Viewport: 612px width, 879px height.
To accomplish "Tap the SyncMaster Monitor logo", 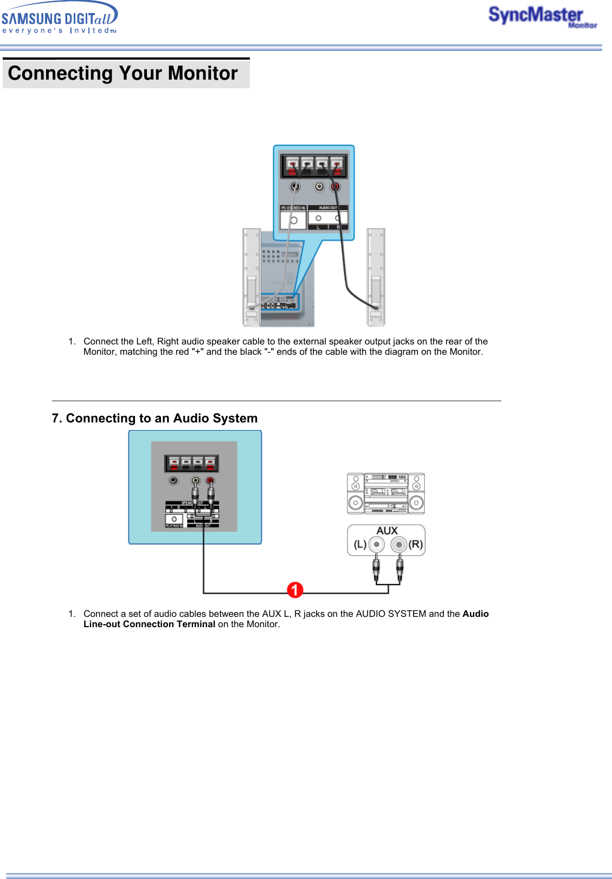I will (542, 17).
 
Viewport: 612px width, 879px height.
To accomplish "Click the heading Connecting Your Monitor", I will (123, 74).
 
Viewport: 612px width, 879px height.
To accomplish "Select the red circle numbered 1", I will (295, 590).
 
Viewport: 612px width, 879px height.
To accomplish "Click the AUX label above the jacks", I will (387, 531).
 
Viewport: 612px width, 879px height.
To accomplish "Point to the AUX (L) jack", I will (376, 544).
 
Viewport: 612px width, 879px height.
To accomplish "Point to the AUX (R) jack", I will (399, 544).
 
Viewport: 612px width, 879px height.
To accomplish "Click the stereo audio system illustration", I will (385, 493).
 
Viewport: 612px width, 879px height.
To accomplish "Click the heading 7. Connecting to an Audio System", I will (154, 418).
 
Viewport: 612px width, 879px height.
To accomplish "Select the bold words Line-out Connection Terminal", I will (149, 624).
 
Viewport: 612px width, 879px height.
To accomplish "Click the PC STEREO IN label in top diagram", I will (293, 208).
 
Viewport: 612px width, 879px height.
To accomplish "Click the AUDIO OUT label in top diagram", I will (328, 208).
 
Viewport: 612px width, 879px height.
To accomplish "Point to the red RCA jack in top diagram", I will (336, 187).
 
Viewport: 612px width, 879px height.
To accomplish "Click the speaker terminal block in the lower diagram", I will (191, 463).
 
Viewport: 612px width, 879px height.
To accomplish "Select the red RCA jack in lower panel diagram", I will (210, 480).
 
